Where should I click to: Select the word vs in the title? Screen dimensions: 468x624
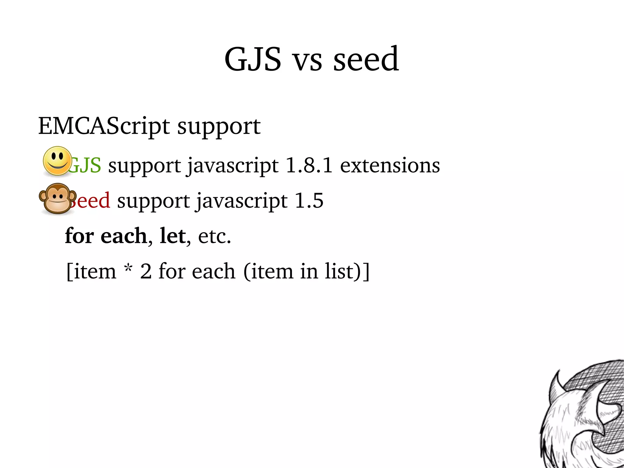point(307,61)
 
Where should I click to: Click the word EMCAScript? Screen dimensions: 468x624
point(104,126)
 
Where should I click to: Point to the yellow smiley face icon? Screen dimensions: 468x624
point(57,161)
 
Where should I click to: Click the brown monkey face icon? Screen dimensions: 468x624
point(57,198)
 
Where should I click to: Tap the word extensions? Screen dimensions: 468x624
point(390,165)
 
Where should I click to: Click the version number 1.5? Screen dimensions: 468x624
point(309,201)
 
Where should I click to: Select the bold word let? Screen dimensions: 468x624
point(172,236)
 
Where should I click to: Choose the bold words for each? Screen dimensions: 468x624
point(106,236)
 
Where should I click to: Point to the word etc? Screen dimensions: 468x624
point(214,236)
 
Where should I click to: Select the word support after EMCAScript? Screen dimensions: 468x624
point(219,127)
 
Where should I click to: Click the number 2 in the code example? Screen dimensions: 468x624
point(146,271)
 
